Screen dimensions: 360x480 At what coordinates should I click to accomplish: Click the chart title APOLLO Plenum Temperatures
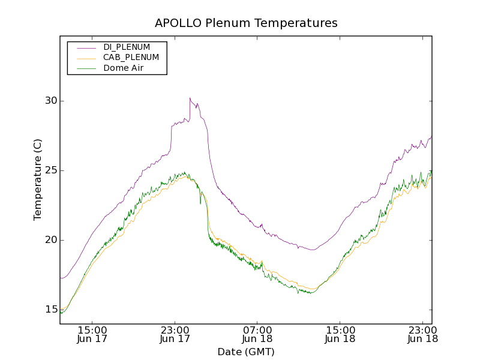[246, 23]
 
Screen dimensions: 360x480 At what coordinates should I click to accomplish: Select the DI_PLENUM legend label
[127, 47]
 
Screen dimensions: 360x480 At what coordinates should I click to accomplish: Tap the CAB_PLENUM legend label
[131, 58]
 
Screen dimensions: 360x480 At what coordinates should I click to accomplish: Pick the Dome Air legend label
[123, 68]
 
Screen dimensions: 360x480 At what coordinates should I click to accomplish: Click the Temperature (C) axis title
[38, 179]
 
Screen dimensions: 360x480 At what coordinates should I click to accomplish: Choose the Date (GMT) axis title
[246, 352]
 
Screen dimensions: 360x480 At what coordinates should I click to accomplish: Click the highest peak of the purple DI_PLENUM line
[190, 98]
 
